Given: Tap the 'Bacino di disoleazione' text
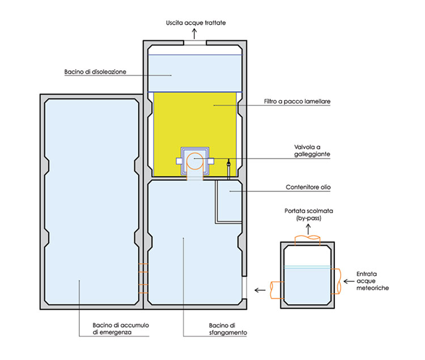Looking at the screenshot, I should (x=95, y=72).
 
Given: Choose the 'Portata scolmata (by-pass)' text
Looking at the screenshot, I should (x=308, y=215).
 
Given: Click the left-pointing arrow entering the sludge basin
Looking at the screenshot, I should (x=260, y=290).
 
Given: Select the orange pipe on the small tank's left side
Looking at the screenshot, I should (x=278, y=290).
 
